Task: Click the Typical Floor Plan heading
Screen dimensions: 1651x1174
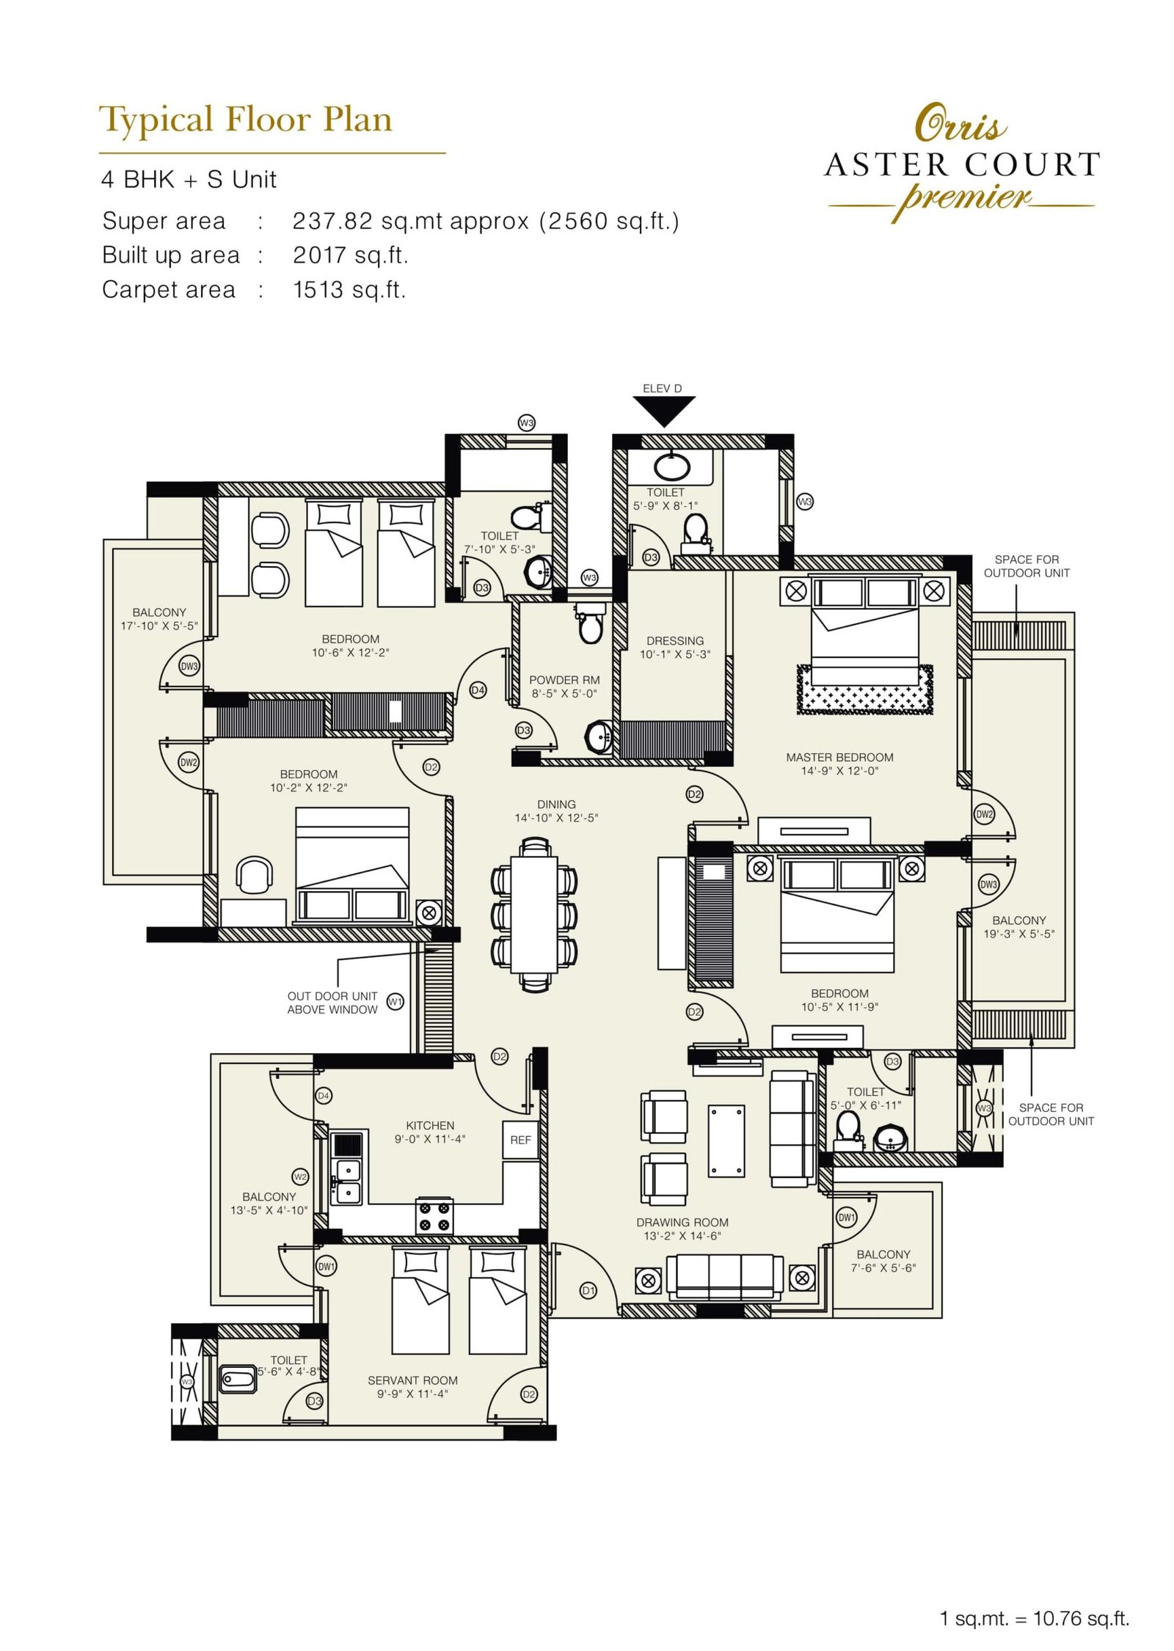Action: (x=246, y=120)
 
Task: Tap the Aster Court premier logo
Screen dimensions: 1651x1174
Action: (x=961, y=166)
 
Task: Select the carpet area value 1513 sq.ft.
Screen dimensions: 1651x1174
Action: (x=349, y=290)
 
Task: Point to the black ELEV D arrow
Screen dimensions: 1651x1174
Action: (x=663, y=411)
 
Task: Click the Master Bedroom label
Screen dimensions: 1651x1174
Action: (x=839, y=757)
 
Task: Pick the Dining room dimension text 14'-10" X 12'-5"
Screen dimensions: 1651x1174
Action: (x=555, y=818)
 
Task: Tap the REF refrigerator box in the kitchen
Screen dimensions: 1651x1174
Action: (x=520, y=1140)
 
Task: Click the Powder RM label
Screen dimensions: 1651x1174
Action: (x=564, y=680)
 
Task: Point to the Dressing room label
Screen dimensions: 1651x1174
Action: (x=675, y=640)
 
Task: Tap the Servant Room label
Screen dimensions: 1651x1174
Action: (x=412, y=1380)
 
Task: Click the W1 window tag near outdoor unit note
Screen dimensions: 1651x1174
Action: (x=395, y=1002)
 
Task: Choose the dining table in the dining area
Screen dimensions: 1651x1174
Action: (x=534, y=913)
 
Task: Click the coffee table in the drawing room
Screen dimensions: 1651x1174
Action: (x=726, y=1141)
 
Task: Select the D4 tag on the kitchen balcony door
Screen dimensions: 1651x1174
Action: (x=324, y=1096)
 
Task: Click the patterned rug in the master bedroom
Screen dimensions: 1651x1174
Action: (x=864, y=690)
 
